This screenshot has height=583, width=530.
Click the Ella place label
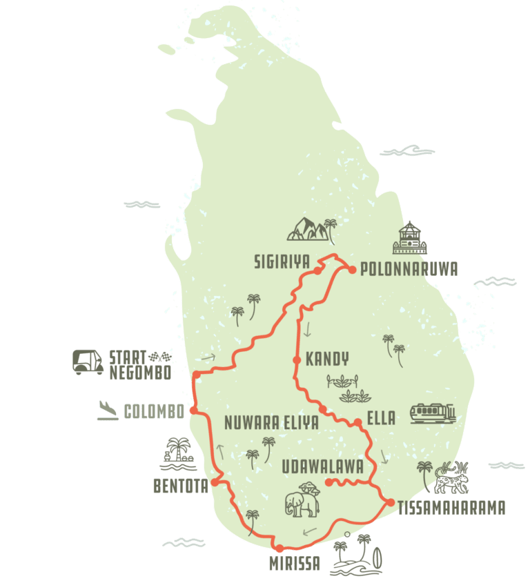(382, 418)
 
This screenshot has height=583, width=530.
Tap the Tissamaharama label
(453, 507)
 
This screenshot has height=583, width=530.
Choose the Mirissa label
(295, 564)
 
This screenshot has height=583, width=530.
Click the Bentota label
(180, 486)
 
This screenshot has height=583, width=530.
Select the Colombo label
(154, 412)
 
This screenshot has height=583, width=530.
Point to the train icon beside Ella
(433, 413)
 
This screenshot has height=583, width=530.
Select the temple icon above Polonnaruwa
(409, 238)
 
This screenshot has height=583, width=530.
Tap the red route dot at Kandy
(296, 359)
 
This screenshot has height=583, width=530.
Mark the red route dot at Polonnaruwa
(351, 270)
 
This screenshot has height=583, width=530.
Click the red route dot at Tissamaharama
(390, 502)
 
